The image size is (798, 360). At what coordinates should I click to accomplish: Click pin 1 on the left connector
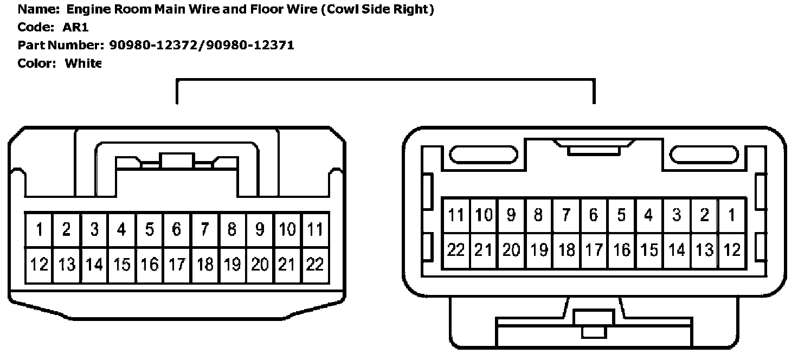(x=39, y=229)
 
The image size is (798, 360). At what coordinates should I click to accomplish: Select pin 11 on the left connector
(x=315, y=229)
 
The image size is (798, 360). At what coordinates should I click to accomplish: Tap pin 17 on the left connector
(x=177, y=264)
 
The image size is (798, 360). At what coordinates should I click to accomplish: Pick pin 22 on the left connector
(x=315, y=264)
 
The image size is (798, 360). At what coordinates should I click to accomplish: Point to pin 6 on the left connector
(x=177, y=229)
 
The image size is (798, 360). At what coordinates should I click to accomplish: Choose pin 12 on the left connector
(x=39, y=264)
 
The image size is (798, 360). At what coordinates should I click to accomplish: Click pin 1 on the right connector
(x=732, y=215)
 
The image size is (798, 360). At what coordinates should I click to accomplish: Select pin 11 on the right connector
(x=456, y=215)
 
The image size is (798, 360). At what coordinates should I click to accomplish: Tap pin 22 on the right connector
(x=456, y=250)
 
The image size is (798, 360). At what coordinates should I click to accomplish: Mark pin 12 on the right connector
(x=732, y=250)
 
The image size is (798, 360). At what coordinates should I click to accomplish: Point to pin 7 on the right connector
(x=566, y=215)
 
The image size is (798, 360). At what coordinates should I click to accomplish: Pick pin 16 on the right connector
(x=621, y=250)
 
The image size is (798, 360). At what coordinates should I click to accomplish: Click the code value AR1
(x=75, y=28)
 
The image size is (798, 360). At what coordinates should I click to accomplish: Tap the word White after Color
(x=83, y=63)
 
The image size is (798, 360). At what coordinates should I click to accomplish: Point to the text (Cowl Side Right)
(x=377, y=9)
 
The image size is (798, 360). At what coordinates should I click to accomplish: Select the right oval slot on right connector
(x=704, y=155)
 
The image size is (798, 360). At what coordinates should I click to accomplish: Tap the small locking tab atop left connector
(x=177, y=161)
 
